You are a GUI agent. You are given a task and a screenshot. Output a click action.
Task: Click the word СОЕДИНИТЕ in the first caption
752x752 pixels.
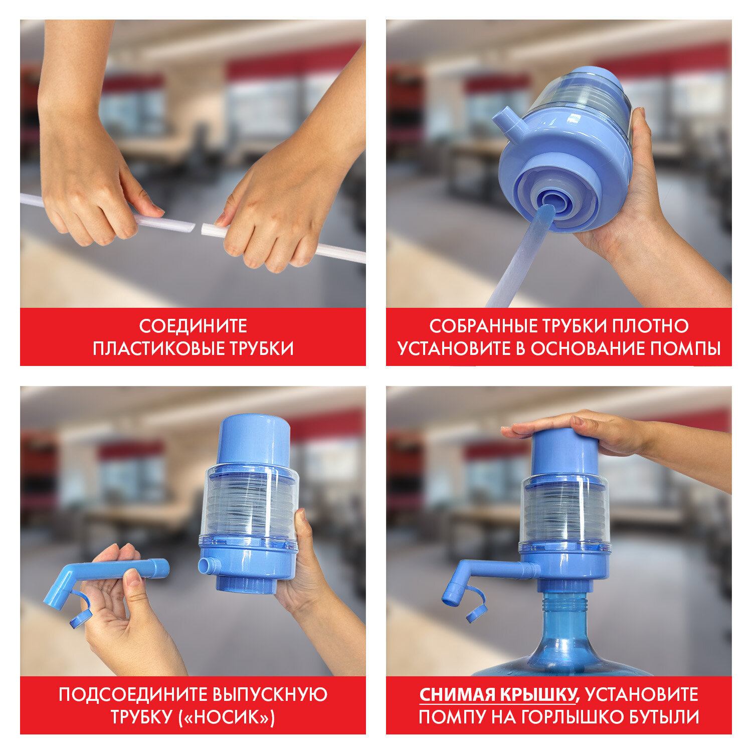click(193, 326)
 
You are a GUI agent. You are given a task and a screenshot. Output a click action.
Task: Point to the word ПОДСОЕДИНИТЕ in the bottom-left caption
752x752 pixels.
click(130, 695)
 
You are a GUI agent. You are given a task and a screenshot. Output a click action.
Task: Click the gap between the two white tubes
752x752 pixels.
click(198, 228)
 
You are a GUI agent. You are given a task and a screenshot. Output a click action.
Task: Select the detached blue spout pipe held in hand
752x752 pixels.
click(125, 572)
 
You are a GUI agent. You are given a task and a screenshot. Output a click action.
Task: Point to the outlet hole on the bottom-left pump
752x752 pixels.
click(206, 566)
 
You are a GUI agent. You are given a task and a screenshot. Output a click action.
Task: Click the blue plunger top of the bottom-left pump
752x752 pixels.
click(254, 439)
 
